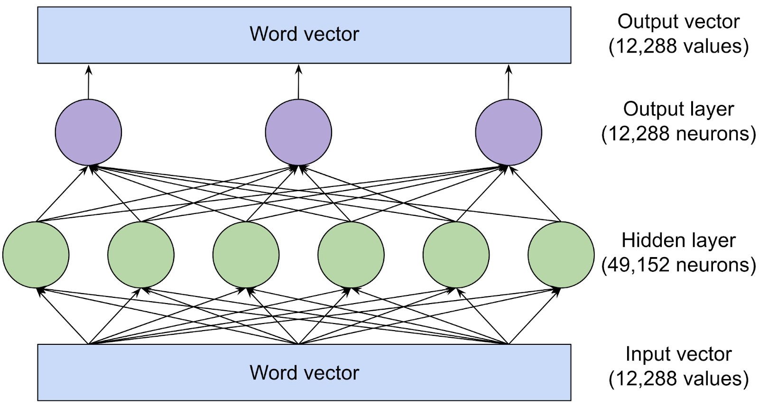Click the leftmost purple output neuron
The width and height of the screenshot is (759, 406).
(x=88, y=132)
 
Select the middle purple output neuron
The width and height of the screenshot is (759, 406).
(x=298, y=132)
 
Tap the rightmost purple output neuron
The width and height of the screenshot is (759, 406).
(x=509, y=132)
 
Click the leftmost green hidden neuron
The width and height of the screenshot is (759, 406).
(x=36, y=255)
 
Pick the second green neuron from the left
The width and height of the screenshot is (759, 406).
(x=141, y=255)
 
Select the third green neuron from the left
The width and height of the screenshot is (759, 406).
(x=246, y=255)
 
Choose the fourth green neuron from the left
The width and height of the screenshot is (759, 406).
(x=351, y=255)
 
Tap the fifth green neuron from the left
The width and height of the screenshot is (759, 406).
(x=456, y=255)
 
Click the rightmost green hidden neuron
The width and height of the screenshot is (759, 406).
(x=561, y=255)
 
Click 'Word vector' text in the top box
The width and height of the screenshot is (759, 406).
(x=304, y=34)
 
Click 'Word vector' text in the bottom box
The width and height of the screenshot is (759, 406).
(x=304, y=373)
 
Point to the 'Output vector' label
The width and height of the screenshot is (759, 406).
(x=678, y=22)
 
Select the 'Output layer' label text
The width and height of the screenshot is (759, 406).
(x=678, y=109)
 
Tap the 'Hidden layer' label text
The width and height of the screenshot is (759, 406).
(x=678, y=240)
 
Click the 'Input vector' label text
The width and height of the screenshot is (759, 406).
(x=678, y=354)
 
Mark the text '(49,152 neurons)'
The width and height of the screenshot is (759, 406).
(x=678, y=265)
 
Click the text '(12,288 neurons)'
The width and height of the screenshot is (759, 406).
(x=678, y=134)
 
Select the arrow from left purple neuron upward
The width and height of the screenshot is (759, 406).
(x=88, y=83)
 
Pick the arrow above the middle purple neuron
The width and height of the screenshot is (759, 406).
(x=298, y=83)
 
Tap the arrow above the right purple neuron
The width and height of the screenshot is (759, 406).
(x=509, y=83)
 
